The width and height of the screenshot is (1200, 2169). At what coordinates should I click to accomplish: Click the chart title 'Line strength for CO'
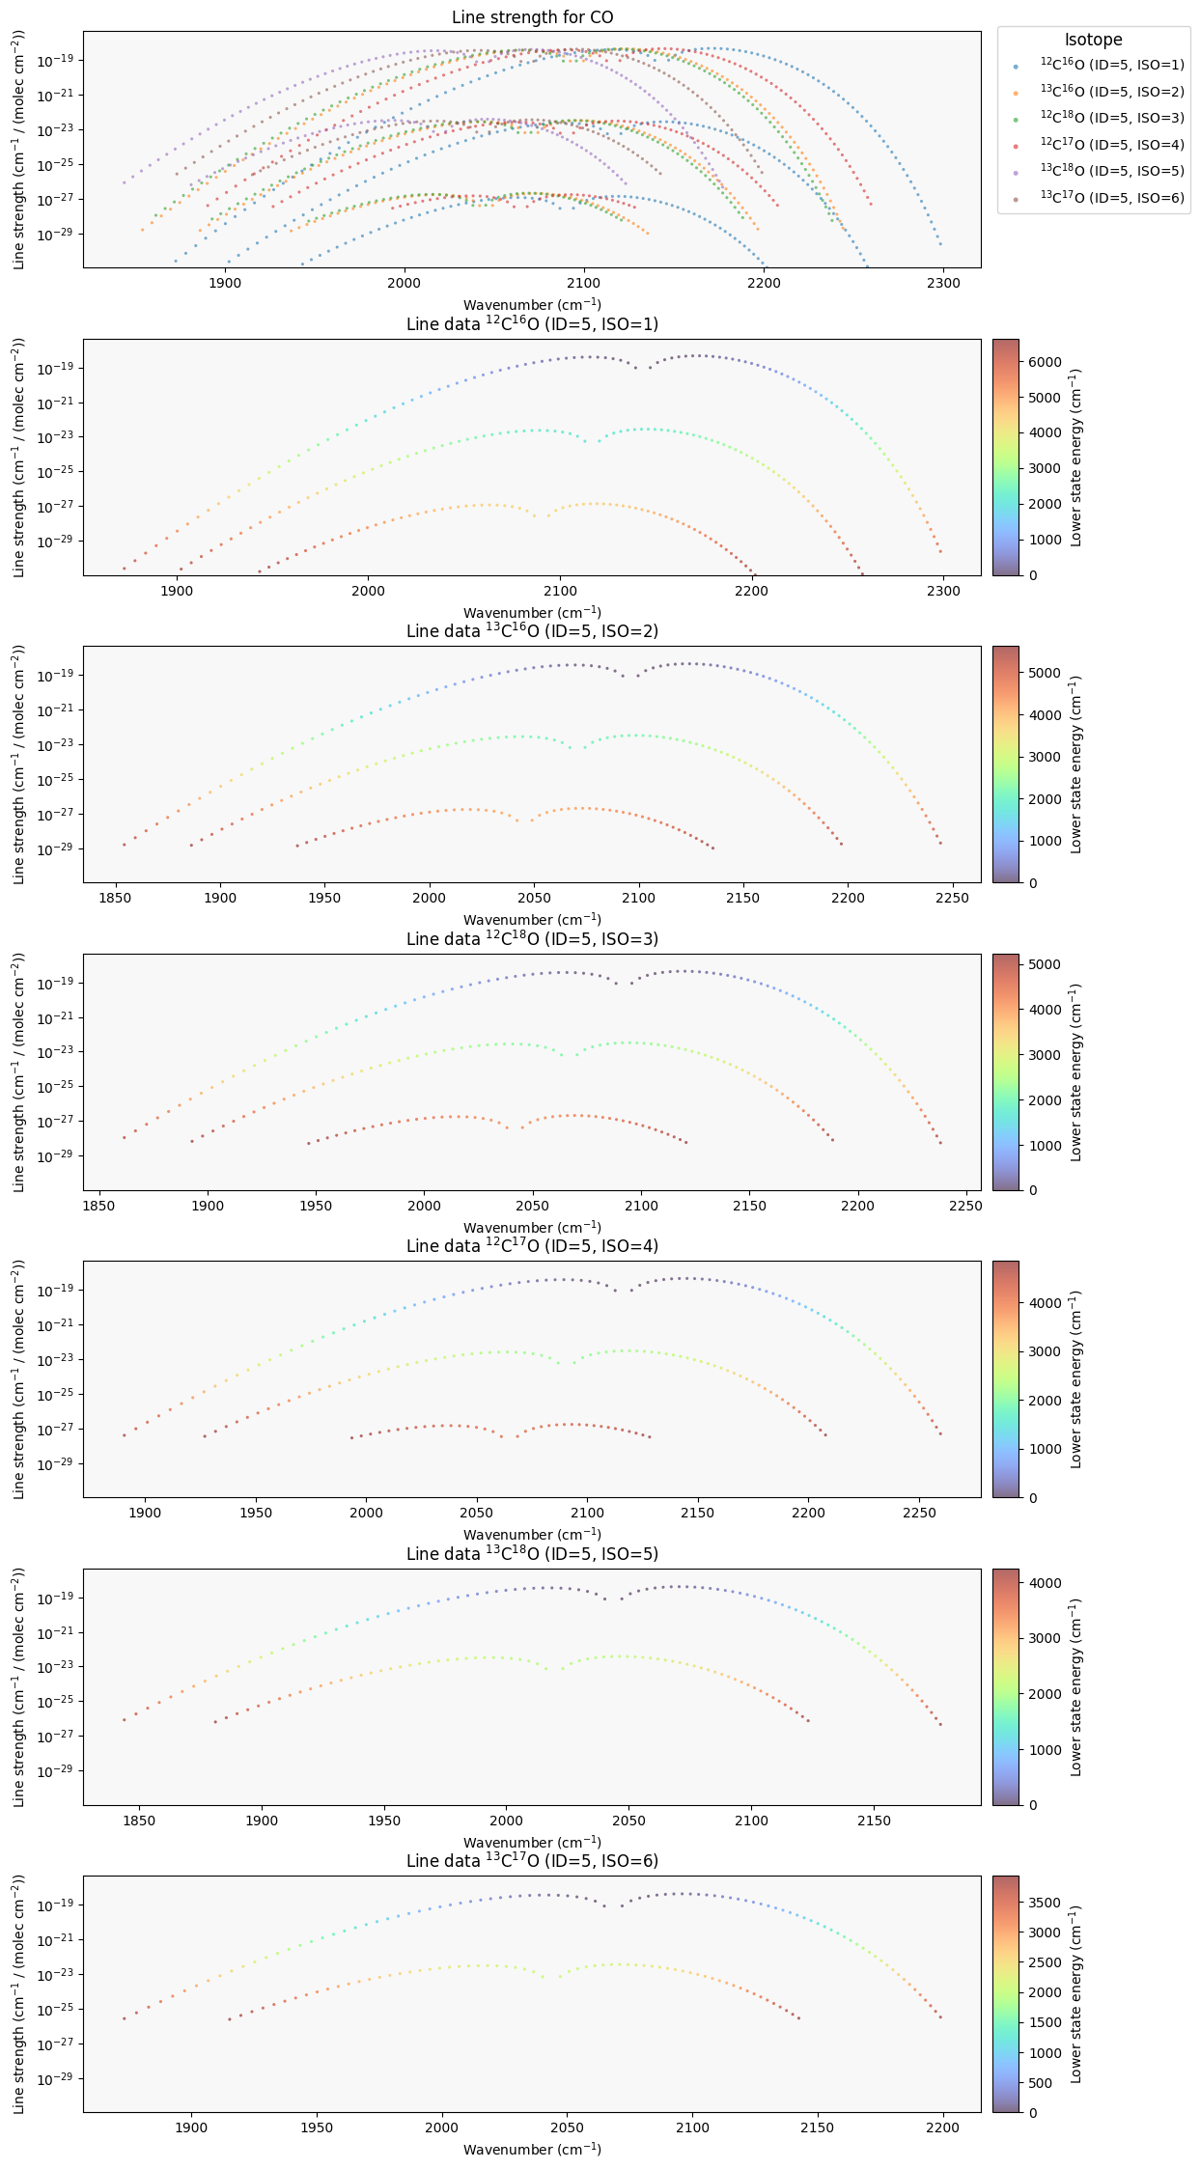[532, 17]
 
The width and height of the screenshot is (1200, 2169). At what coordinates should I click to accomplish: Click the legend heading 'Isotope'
[1094, 40]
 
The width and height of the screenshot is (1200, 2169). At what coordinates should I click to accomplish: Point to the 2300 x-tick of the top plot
[943, 283]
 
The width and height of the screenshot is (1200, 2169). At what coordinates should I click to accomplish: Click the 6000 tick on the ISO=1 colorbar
[1046, 362]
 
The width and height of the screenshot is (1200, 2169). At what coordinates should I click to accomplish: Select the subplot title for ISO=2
[532, 631]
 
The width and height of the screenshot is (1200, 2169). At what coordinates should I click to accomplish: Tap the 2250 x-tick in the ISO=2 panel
[953, 898]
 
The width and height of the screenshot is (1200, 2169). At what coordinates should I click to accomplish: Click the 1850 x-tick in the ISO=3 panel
[98, 1206]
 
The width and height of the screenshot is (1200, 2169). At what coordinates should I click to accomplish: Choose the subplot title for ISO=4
[532, 1246]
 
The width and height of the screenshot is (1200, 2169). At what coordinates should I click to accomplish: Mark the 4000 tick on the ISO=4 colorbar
[1046, 1302]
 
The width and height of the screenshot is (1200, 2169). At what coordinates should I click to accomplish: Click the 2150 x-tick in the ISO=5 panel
[874, 1821]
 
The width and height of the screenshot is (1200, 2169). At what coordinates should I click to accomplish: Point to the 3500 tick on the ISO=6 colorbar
[1046, 1903]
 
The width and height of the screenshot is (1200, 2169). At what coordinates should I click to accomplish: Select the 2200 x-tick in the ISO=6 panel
[943, 2128]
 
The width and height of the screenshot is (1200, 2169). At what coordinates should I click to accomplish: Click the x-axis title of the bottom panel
[532, 2150]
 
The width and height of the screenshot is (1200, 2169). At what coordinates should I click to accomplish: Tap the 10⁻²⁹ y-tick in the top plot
[60, 234]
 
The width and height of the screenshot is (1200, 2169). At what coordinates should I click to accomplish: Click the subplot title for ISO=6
[532, 1861]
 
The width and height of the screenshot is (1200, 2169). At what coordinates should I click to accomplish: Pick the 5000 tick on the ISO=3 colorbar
[1046, 964]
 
